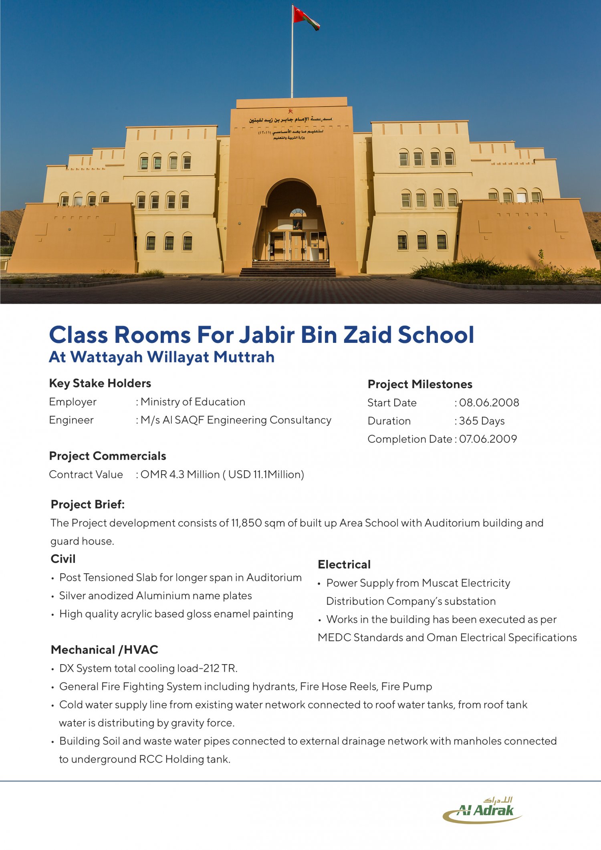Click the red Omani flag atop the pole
(305, 18)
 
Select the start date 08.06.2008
(489, 403)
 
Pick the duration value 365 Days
(482, 421)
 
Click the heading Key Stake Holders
(100, 383)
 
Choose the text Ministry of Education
(193, 402)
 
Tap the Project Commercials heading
(107, 456)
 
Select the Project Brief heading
(88, 504)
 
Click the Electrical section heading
(344, 564)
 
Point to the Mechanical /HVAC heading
(105, 650)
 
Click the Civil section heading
(63, 559)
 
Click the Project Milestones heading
(420, 384)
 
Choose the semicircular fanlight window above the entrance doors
(298, 212)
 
